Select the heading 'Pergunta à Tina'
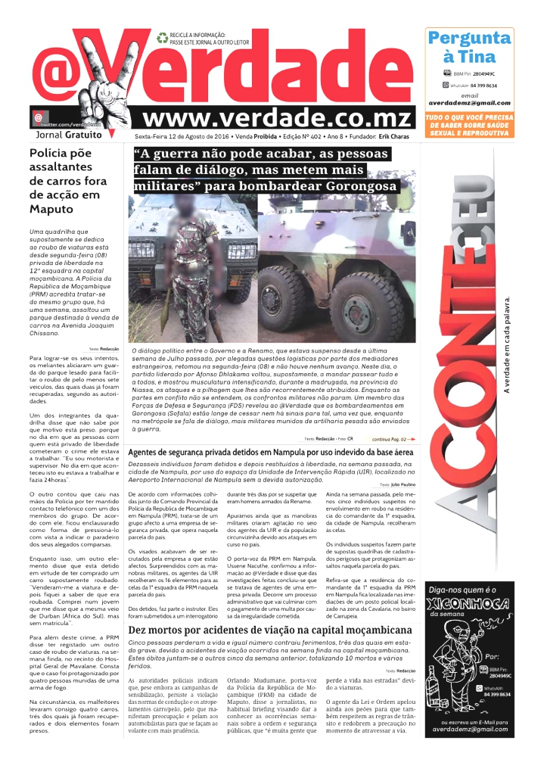pos(469,47)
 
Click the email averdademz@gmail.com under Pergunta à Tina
pos(470,103)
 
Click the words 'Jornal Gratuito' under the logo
pos(68,135)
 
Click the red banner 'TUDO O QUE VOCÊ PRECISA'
pos(469,125)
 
